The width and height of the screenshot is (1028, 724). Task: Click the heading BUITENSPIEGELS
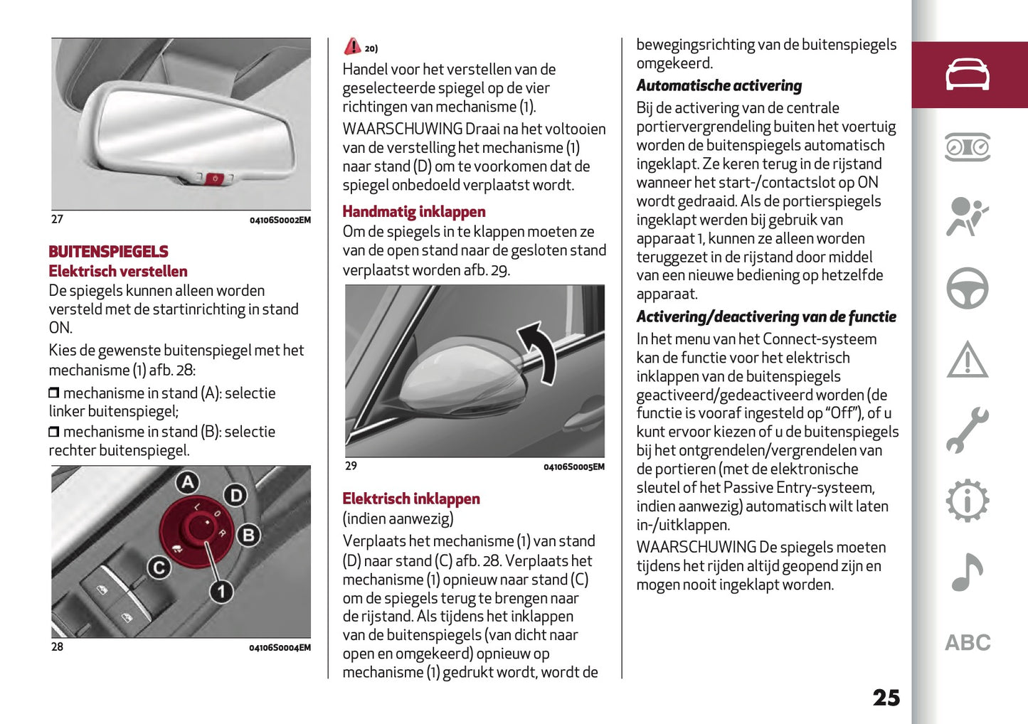pos(108,252)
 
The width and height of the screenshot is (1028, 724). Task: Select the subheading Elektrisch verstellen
pos(118,272)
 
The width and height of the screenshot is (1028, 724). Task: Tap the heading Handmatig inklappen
pos(413,212)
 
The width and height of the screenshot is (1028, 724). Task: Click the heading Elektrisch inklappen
pos(410,499)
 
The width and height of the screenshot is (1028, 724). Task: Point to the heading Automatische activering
pos(719,86)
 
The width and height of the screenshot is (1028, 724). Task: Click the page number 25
pos(886,698)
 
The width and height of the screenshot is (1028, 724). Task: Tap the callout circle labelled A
pos(187,483)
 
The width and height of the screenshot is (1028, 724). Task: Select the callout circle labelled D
pos(235,495)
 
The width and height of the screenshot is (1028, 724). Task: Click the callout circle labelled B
pos(248,535)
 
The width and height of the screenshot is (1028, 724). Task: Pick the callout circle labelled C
pos(159,568)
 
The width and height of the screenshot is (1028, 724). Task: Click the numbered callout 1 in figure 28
pos(221,591)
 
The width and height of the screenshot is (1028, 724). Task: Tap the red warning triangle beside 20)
pos(352,47)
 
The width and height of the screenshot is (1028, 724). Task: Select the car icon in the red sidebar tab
pos(967,75)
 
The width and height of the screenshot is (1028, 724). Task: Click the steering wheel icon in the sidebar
pos(967,288)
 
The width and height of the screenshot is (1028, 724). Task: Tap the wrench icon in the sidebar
pos(967,430)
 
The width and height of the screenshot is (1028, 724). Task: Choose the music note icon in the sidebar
pos(967,573)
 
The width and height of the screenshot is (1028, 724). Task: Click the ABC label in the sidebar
pos(967,643)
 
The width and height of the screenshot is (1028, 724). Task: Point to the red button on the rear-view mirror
pos(215,179)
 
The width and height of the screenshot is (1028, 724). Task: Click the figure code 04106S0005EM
pos(573,467)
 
